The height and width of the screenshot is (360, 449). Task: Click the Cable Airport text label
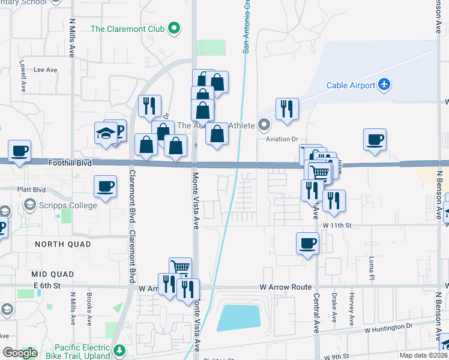pyautogui.click(x=351, y=85)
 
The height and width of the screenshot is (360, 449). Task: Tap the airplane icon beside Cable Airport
pyautogui.click(x=385, y=85)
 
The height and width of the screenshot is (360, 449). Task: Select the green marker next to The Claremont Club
pyautogui.click(x=174, y=28)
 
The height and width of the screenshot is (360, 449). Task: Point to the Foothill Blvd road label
pyautogui.click(x=70, y=162)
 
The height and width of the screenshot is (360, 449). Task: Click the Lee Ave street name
pyautogui.click(x=45, y=70)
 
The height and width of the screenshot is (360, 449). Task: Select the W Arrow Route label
pyautogui.click(x=286, y=287)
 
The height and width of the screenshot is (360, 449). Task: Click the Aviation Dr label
pyautogui.click(x=282, y=139)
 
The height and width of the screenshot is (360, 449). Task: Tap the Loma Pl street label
pyautogui.click(x=372, y=262)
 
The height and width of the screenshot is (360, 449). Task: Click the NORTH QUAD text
pyautogui.click(x=63, y=244)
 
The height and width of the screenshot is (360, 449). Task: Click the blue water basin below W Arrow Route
pyautogui.click(x=238, y=317)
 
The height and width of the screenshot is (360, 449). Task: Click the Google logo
pyautogui.click(x=20, y=353)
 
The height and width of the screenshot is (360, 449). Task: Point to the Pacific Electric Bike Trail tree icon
pyautogui.click(x=120, y=349)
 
